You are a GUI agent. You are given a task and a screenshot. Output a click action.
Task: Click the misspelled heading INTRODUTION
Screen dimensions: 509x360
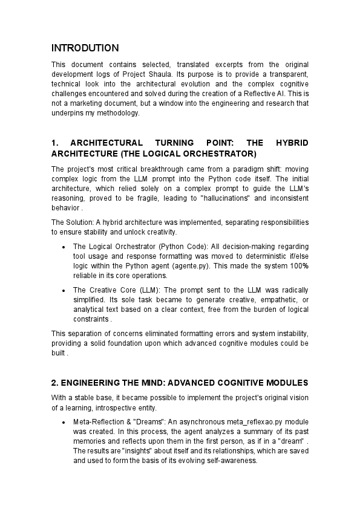85,48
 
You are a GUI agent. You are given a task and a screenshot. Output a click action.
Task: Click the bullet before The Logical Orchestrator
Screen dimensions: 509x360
64,247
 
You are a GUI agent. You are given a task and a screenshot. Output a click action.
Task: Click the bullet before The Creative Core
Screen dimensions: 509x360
64,290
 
